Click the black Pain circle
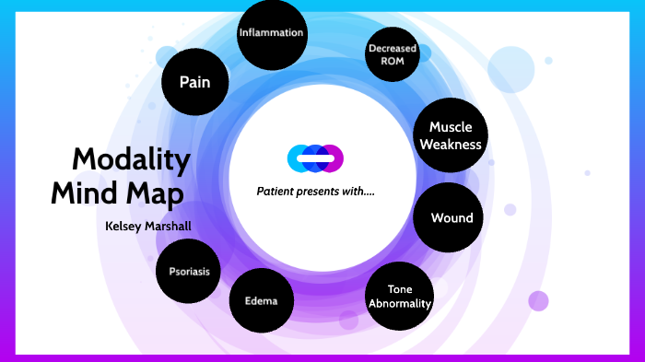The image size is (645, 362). (194, 82)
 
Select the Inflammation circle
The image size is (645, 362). (271, 34)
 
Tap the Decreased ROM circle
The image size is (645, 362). (393, 54)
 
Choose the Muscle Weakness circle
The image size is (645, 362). (450, 135)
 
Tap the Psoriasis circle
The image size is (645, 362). (189, 272)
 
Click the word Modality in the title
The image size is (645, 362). (131, 160)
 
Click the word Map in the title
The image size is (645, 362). (156, 195)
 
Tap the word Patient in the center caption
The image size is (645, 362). (276, 192)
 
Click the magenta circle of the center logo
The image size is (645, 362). (334, 158)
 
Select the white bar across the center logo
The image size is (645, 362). (315, 159)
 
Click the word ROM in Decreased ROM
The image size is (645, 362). (393, 61)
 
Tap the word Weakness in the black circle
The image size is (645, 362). (450, 144)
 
